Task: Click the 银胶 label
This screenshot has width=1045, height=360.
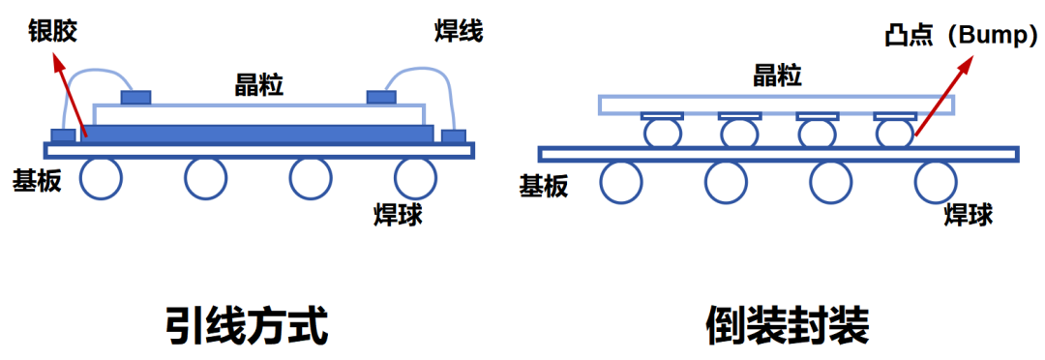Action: pos(52,31)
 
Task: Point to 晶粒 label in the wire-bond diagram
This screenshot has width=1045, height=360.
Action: pos(260,84)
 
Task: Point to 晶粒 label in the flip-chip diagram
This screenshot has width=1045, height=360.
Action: pos(777,76)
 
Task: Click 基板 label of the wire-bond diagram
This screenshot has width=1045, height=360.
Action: pos(38,181)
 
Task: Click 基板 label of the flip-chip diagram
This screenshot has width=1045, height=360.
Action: pos(544,188)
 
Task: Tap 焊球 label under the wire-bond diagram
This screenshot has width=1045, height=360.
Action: pos(398,216)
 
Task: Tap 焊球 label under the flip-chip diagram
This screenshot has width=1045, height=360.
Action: pos(969,216)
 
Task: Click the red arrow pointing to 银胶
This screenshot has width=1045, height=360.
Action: pos(70,97)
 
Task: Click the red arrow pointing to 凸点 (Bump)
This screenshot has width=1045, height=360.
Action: pos(942,97)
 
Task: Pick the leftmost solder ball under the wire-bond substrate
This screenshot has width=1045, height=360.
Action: pos(101,179)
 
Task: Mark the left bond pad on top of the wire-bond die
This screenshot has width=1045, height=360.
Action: pos(136,98)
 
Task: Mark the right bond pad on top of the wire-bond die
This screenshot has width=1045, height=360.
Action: pos(382,98)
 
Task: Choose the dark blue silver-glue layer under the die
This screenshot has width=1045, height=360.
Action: pos(256,134)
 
